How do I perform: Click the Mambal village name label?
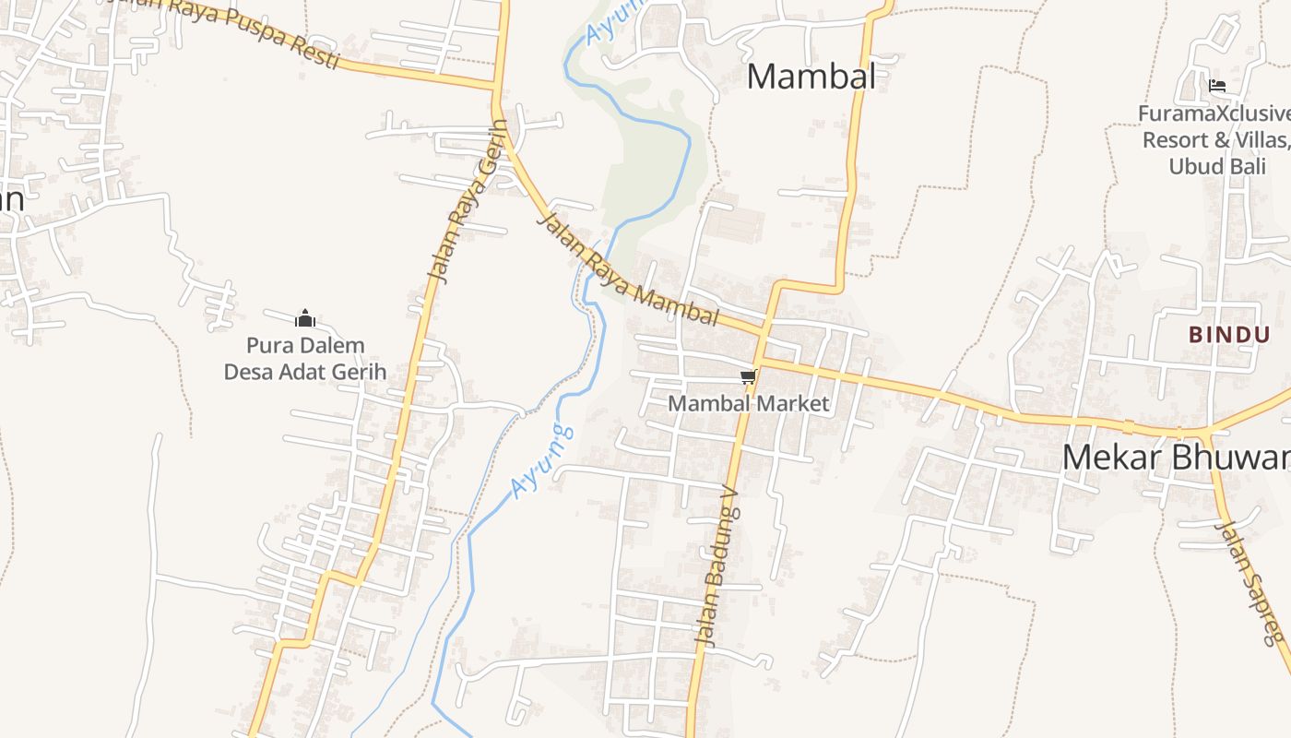[811, 76]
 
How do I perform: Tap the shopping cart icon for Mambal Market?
[748, 376]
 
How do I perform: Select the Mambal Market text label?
[748, 403]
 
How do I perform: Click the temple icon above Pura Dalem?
[305, 319]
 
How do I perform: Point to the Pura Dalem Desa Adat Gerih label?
[305, 359]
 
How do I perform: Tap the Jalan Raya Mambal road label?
[626, 270]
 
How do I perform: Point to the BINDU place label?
[1229, 334]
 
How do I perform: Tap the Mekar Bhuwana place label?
[1176, 457]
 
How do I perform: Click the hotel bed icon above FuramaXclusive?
[1217, 87]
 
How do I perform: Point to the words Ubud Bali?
[1216, 166]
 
